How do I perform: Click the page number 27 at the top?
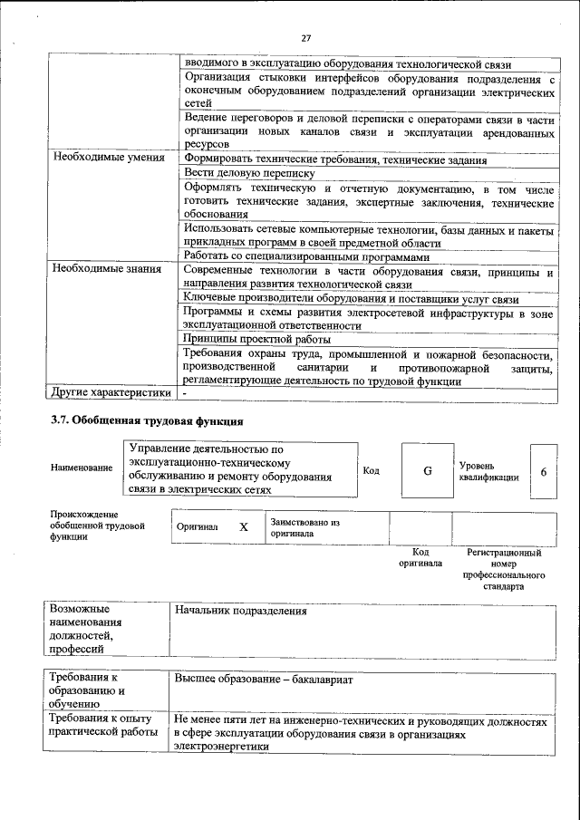[x=305, y=37]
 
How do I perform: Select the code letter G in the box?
[x=427, y=470]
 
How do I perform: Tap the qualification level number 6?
[x=543, y=472]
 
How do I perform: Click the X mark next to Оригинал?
[x=243, y=526]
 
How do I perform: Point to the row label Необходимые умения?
[x=108, y=158]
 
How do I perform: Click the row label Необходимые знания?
[x=107, y=269]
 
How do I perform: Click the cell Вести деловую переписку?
[x=249, y=172]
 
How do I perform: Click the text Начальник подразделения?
[x=240, y=611]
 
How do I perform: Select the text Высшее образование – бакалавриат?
[x=263, y=679]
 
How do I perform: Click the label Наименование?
[x=82, y=468]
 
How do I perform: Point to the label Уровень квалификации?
[x=488, y=471]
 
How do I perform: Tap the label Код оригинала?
[x=420, y=557]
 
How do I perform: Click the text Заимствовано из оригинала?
[x=304, y=528]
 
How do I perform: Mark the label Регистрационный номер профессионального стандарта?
[x=503, y=568]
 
